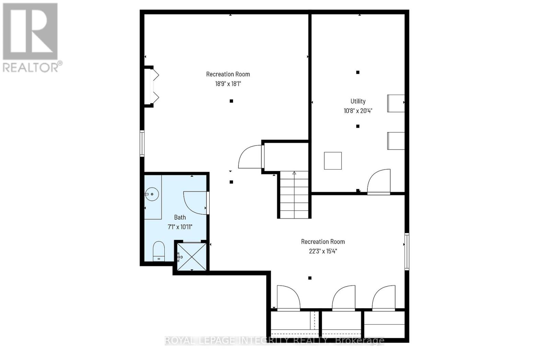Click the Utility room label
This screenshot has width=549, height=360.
coord(358,101)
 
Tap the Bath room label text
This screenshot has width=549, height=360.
coord(180,217)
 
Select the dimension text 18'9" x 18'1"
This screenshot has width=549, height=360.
coord(228,84)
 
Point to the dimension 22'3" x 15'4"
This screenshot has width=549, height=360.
coord(323,251)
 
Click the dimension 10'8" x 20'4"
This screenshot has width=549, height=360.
coord(358,111)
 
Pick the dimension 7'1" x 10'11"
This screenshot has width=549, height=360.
coord(180,227)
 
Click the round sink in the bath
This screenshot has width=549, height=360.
coord(152,195)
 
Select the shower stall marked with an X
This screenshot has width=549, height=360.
coord(191,257)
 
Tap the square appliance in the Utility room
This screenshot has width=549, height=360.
coord(333,161)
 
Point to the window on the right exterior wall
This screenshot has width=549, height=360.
coord(407,251)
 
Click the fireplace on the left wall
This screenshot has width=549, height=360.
coord(151,86)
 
